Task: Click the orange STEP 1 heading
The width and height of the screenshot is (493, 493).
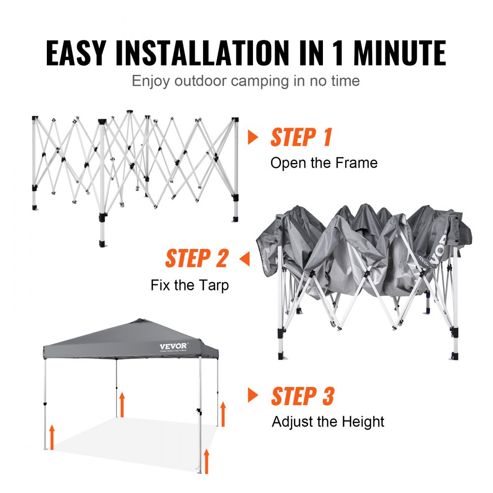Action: click(301, 138)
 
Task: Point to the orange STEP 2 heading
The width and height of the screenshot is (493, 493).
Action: click(197, 258)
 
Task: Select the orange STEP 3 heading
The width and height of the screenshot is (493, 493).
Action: click(303, 396)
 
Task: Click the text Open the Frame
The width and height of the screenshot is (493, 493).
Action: click(324, 163)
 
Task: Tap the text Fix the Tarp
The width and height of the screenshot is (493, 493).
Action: click(190, 285)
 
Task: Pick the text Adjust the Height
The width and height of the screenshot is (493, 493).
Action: click(328, 422)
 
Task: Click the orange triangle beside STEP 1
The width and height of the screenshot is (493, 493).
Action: click(253, 138)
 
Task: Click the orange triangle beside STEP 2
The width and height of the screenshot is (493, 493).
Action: click(245, 258)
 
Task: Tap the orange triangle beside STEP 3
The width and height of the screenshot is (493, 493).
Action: click(253, 395)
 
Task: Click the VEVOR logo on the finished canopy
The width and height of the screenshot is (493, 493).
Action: click(173, 346)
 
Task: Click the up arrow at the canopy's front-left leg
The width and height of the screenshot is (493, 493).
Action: click(52, 437)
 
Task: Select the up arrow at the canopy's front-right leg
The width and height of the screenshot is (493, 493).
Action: click(207, 460)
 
